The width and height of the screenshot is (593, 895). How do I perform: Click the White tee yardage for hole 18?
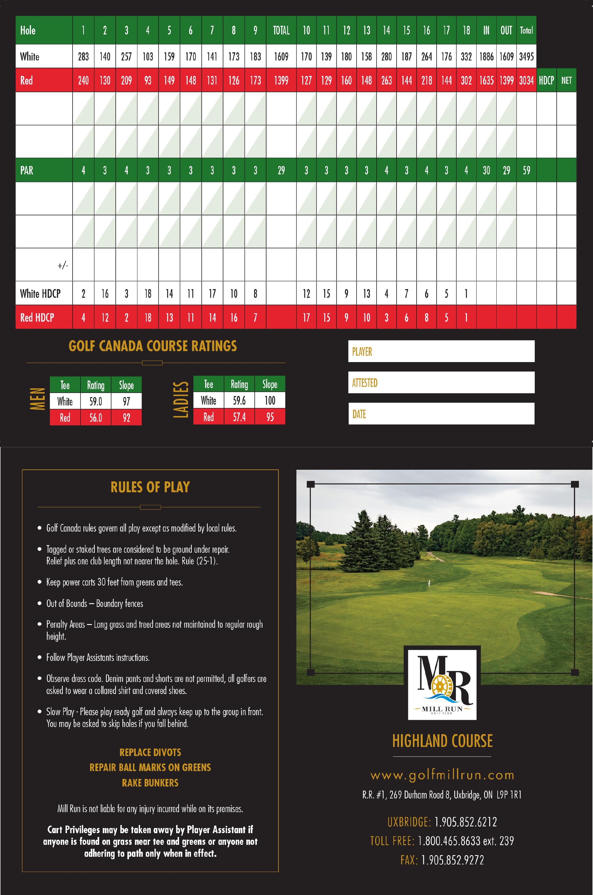(466, 57)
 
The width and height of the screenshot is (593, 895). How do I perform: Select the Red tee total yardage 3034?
(526, 80)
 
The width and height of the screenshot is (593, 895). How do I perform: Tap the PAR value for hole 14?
(386, 170)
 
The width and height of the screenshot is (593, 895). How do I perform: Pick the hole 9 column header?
(255, 30)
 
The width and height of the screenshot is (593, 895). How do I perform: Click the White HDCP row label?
(40, 293)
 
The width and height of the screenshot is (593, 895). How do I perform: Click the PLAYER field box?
(441, 351)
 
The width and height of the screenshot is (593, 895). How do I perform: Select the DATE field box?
(441, 414)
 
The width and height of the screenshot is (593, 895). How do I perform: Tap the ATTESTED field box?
(441, 382)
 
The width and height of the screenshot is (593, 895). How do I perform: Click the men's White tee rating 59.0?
(96, 401)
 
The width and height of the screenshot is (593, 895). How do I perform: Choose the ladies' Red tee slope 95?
(270, 417)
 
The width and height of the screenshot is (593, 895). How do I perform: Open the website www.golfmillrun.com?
(442, 775)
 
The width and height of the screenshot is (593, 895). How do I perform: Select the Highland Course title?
(442, 741)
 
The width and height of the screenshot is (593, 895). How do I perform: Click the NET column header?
(566, 80)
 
